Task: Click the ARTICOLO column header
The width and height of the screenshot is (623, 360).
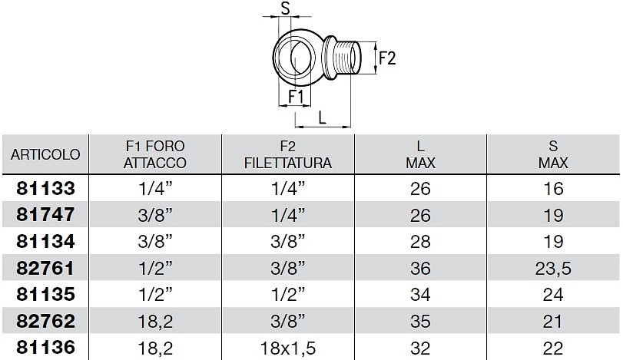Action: point(45,154)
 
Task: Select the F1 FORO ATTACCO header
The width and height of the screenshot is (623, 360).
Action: point(155,154)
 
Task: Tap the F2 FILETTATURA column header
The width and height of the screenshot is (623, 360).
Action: point(287,154)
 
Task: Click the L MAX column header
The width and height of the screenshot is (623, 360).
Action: point(420,154)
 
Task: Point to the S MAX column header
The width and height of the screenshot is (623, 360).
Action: point(553,154)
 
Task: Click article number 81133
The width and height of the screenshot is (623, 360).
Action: point(45,188)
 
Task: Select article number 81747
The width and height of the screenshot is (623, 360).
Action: point(45,215)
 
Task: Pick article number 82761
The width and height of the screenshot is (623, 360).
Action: point(45,268)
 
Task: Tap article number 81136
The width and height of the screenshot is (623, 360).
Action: point(45,347)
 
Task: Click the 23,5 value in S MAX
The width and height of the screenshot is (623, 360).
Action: point(553,269)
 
